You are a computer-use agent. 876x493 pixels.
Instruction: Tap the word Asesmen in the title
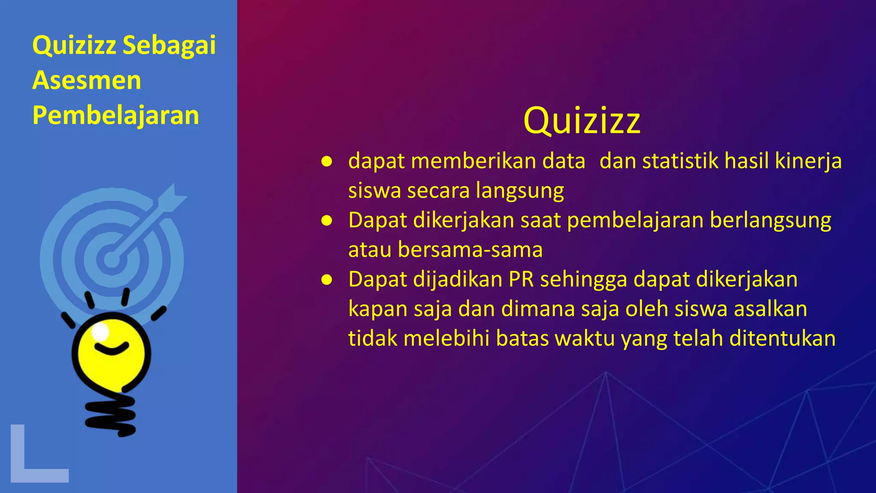click(86, 80)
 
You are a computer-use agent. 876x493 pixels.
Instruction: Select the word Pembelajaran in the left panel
click(115, 116)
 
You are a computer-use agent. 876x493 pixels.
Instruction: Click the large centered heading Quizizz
click(582, 121)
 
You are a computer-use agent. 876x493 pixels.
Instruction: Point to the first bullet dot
click(327, 161)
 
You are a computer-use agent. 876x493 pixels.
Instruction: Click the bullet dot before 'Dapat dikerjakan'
click(327, 220)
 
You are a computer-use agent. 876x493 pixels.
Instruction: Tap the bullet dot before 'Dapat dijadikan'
click(327, 279)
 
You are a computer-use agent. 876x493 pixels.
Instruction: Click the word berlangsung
click(770, 220)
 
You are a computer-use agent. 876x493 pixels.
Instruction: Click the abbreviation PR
click(521, 279)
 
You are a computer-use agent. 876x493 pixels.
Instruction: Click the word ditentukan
click(782, 339)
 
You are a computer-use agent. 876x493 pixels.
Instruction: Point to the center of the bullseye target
click(112, 259)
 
